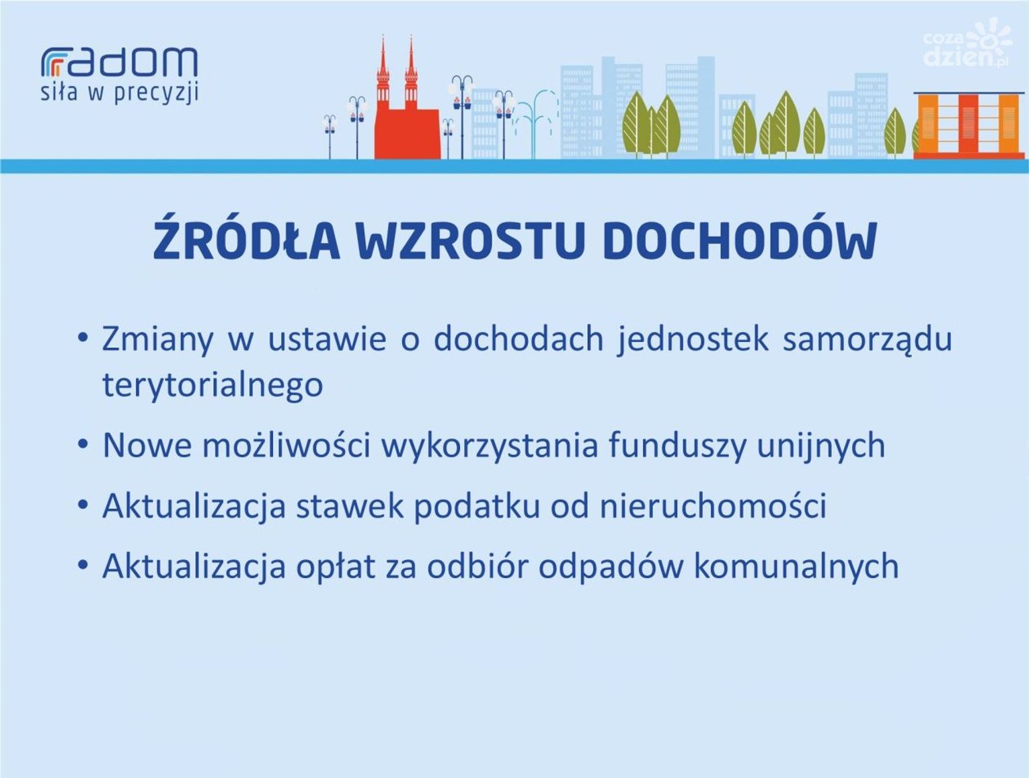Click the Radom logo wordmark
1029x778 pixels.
point(119,61)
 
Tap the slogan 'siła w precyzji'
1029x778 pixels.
point(119,93)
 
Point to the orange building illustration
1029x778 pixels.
point(968,125)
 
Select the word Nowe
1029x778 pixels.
point(147,445)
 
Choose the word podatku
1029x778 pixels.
point(477,506)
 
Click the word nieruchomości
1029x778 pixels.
point(713,505)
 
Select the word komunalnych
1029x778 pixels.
point(796,567)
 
